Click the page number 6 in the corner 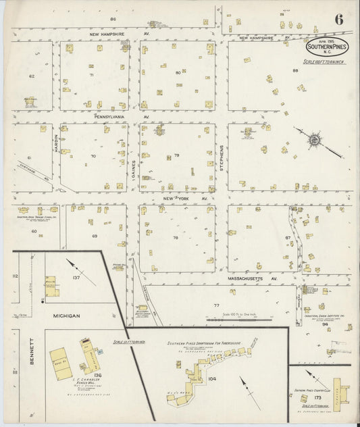[x=337, y=19]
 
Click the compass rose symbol [x=314, y=139]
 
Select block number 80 [x=178, y=72]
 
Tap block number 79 [x=176, y=155]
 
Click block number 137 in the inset [x=76, y=278]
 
